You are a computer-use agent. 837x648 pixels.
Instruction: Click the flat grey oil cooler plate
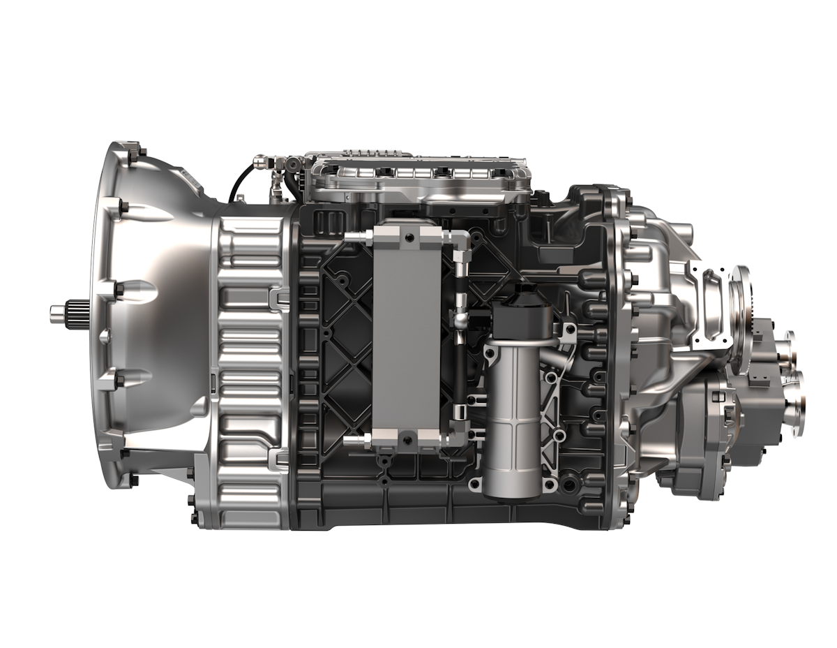point(406,335)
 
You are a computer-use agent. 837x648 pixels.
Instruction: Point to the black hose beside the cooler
point(460,363)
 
